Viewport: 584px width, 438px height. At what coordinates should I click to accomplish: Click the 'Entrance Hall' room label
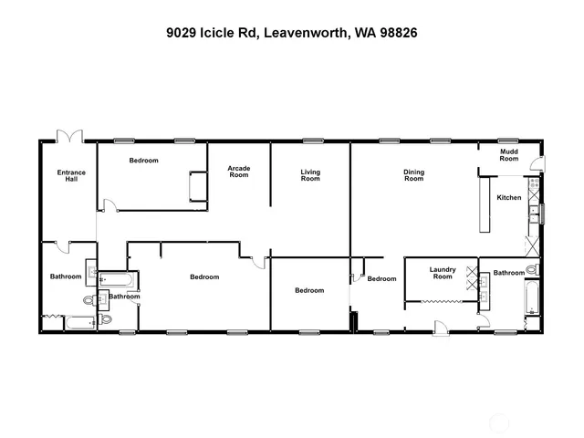71,175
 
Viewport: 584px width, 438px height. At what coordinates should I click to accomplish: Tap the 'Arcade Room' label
238,172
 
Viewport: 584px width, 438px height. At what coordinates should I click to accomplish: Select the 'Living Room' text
310,175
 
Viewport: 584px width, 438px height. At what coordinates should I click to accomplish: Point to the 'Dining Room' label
414,175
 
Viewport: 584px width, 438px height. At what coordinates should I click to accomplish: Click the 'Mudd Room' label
508,155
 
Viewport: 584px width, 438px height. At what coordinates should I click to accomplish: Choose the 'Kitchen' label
508,198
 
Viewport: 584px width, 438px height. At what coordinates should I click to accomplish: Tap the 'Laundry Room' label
443,273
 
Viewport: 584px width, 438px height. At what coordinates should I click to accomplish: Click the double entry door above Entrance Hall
68,136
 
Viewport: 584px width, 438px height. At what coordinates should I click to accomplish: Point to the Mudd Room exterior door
539,165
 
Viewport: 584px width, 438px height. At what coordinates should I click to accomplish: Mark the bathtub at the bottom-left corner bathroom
77,321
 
